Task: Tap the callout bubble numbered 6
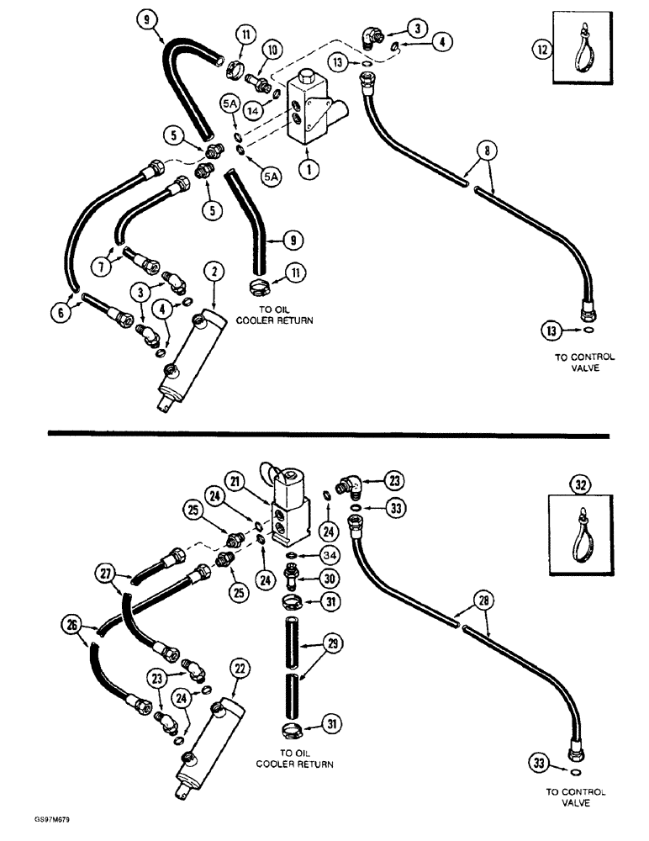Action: [x=61, y=311]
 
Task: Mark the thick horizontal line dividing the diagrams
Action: [x=324, y=432]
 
